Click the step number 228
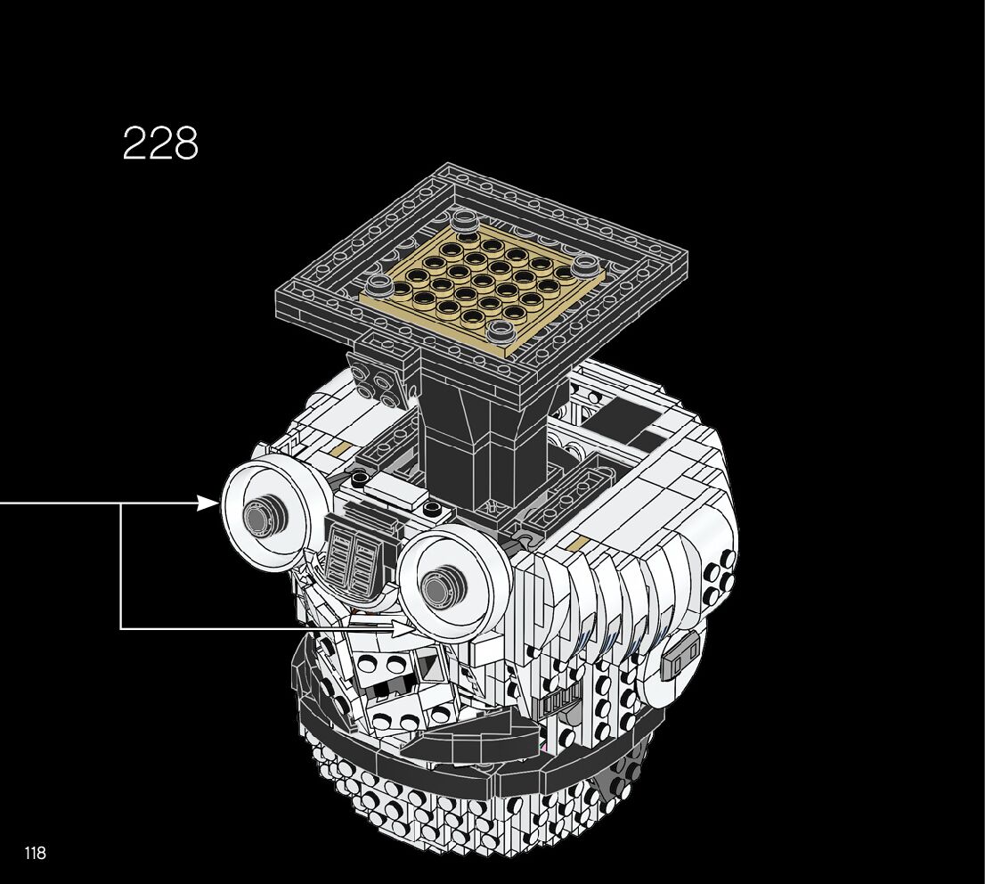[x=160, y=143]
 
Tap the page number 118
[x=36, y=853]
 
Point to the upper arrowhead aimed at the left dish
[x=208, y=503]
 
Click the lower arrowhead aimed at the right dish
[x=403, y=626]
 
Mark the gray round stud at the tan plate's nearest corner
[x=501, y=328]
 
